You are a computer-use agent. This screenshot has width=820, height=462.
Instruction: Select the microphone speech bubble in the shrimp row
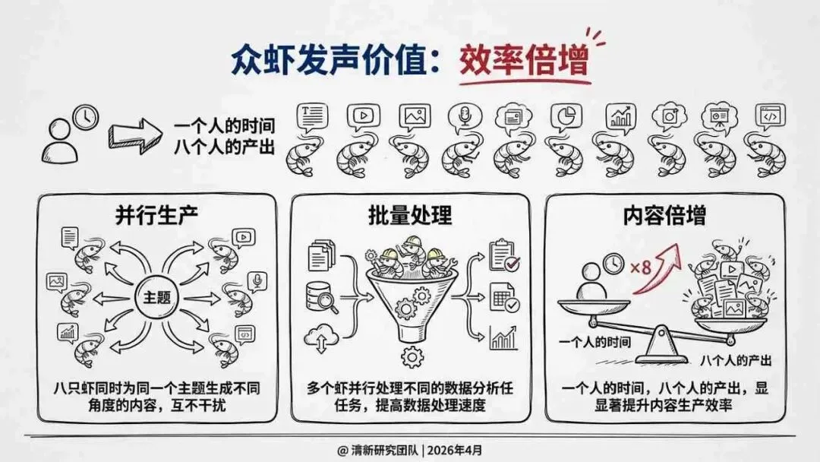click(x=463, y=116)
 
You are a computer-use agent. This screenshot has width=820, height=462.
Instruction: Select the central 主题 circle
click(x=156, y=297)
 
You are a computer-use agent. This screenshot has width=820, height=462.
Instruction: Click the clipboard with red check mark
click(x=504, y=255)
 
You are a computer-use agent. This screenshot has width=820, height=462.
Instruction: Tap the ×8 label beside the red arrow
click(x=642, y=267)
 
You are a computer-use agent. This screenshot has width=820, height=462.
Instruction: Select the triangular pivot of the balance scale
click(x=658, y=348)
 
